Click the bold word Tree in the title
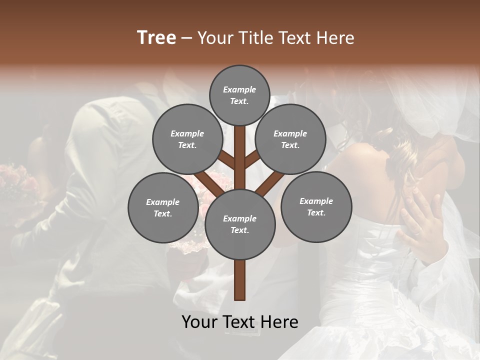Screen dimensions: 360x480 [x=156, y=38]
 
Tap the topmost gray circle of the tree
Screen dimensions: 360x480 [x=239, y=95]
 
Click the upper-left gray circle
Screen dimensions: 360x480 [x=187, y=139]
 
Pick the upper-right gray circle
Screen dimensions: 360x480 [x=290, y=139]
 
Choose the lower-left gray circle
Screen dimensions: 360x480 [x=162, y=207]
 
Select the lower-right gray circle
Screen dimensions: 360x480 [x=316, y=206]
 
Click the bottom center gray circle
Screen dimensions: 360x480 [x=239, y=224]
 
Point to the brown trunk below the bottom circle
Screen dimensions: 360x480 [x=239, y=280]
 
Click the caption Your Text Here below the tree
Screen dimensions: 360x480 [x=239, y=322]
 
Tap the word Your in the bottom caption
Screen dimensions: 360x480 [x=199, y=322]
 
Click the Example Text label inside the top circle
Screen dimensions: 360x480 [x=239, y=95]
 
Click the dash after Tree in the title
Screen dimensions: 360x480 [x=187, y=38]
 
